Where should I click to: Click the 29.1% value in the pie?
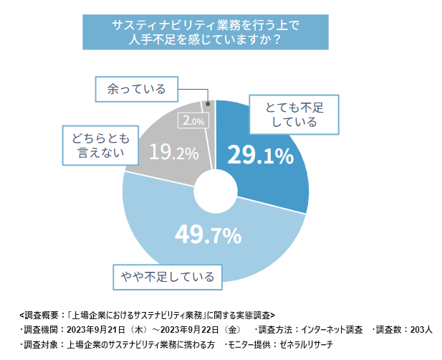261,155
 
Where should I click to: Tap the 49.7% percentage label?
208,235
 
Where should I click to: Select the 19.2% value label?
174,152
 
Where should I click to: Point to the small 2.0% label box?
193,120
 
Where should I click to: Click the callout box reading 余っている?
137,89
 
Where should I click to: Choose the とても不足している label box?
294,115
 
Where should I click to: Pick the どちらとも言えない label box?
100,146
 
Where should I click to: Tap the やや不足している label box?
168,277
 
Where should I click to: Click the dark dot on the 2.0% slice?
208,104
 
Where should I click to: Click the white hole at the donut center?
216,191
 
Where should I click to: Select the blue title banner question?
206,32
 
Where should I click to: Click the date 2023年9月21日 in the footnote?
96,330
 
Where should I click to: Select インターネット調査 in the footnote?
332,330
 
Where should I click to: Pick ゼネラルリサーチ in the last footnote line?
306,344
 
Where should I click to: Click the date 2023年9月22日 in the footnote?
189,330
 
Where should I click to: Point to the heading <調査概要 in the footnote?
39,315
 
